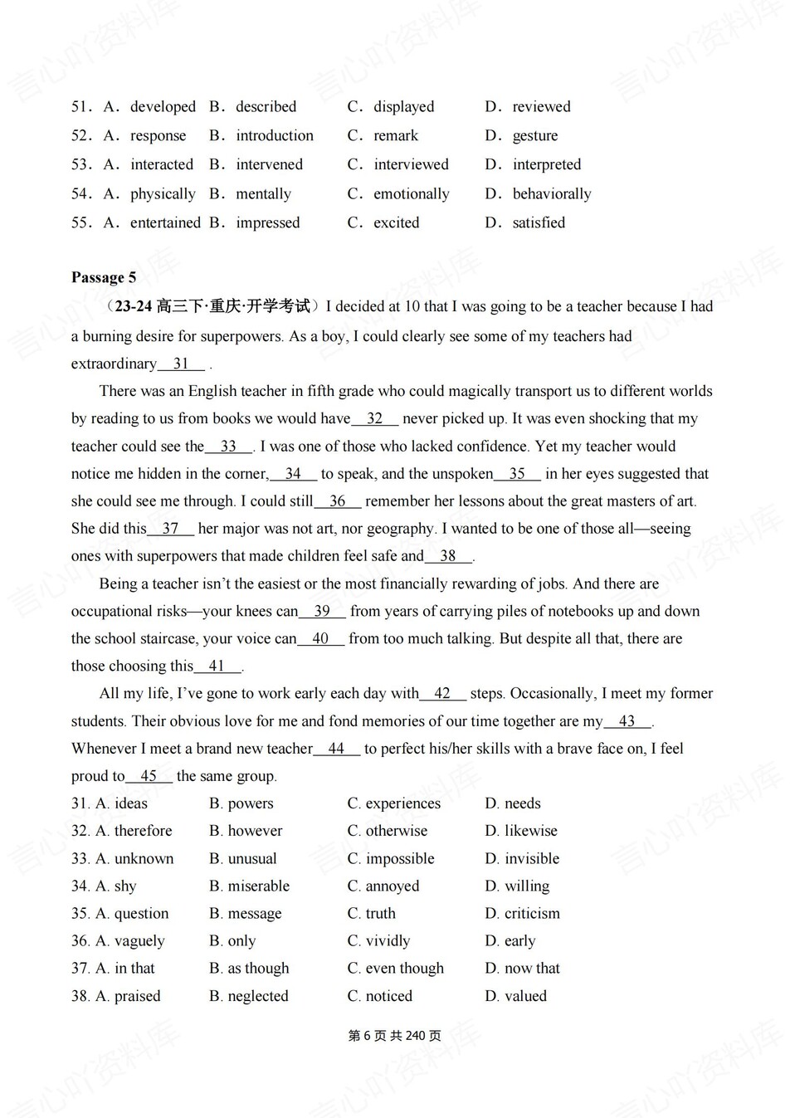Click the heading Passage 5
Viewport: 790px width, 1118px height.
104,277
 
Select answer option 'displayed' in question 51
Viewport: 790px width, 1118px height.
403,106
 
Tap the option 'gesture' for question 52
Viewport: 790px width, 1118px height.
534,135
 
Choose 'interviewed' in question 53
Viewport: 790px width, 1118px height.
411,164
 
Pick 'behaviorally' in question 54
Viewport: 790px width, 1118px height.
552,193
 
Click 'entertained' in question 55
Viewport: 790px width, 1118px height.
165,222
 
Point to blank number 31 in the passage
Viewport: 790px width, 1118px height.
182,364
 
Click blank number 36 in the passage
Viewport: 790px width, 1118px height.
338,501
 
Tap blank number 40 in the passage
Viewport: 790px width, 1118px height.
320,639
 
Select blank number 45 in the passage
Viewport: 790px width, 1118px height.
149,776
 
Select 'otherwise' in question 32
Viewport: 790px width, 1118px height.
396,831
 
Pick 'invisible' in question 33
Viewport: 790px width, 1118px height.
532,858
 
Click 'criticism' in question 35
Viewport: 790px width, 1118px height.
532,914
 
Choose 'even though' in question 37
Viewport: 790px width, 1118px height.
404,969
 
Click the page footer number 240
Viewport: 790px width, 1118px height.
416,1036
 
